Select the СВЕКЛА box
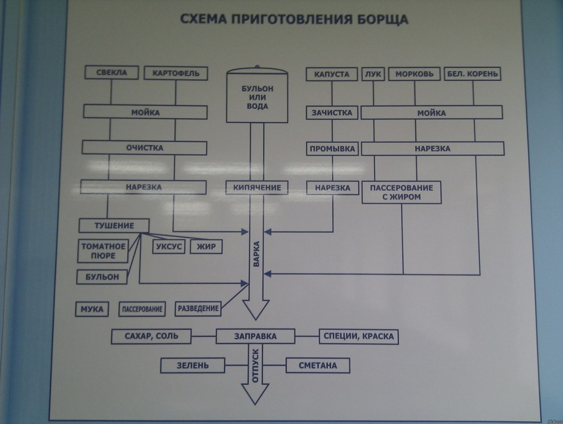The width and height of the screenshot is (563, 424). (x=112, y=73)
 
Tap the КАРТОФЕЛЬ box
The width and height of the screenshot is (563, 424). (x=176, y=73)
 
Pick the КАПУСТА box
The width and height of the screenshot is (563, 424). (x=331, y=73)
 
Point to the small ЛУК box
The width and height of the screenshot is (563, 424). (x=373, y=73)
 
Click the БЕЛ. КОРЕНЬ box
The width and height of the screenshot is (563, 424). (x=474, y=73)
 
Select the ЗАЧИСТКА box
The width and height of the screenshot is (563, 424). (x=331, y=112)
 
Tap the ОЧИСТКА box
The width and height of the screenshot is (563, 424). (x=144, y=148)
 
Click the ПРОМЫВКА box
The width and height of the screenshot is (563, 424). (x=331, y=149)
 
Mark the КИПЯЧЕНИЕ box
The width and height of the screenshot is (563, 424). (x=257, y=188)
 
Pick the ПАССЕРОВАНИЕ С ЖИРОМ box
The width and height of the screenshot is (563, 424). (x=402, y=192)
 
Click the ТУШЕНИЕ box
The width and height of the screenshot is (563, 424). (x=115, y=225)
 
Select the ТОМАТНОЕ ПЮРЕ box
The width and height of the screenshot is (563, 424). (x=103, y=251)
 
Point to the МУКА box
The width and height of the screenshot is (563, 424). (x=92, y=308)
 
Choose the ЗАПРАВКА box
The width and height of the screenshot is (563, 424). (x=256, y=336)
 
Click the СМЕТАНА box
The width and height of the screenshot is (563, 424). (x=318, y=365)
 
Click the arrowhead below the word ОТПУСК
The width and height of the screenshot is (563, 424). (x=255, y=394)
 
